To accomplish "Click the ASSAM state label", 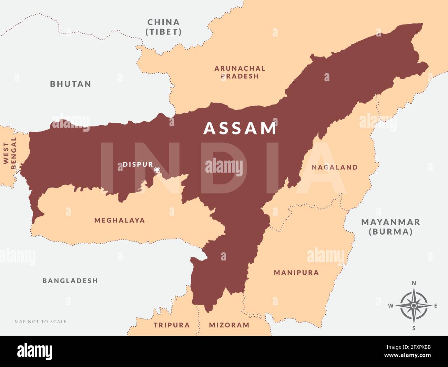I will click(240, 128).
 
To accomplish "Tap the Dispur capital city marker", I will click(157, 170).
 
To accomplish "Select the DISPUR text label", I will click(138, 165).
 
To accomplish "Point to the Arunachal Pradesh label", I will click(240, 72).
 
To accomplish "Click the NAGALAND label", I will click(334, 167).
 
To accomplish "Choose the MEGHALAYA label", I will click(120, 220).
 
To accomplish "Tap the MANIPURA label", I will click(296, 273).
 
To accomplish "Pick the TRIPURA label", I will click(172, 325).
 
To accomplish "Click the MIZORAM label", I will click(229, 325).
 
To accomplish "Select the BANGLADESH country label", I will click(70, 281).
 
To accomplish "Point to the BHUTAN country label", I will click(71, 84).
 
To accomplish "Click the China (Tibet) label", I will click(164, 27).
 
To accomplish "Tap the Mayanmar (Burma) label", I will click(390, 227).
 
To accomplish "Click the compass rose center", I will click(414, 306).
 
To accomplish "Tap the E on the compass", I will click(436, 306).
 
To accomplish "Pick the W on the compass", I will click(391, 306).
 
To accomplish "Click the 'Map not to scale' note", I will click(41, 322).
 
